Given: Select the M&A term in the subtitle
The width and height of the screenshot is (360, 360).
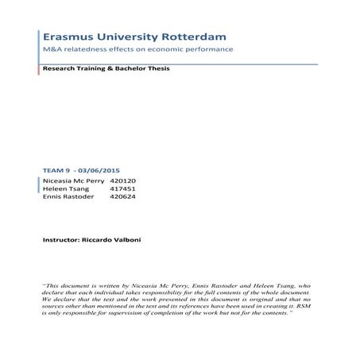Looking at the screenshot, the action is coord(54,50).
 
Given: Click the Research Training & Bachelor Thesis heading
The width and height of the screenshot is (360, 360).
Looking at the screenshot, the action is coord(106,69).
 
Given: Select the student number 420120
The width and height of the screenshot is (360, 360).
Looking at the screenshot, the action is coord(126,180).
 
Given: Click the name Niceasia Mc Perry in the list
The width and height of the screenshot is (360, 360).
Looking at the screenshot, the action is coord(72,180).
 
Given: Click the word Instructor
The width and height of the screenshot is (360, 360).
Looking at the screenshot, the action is coord(61,238).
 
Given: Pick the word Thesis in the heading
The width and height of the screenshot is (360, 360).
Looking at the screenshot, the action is coord(157,69).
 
